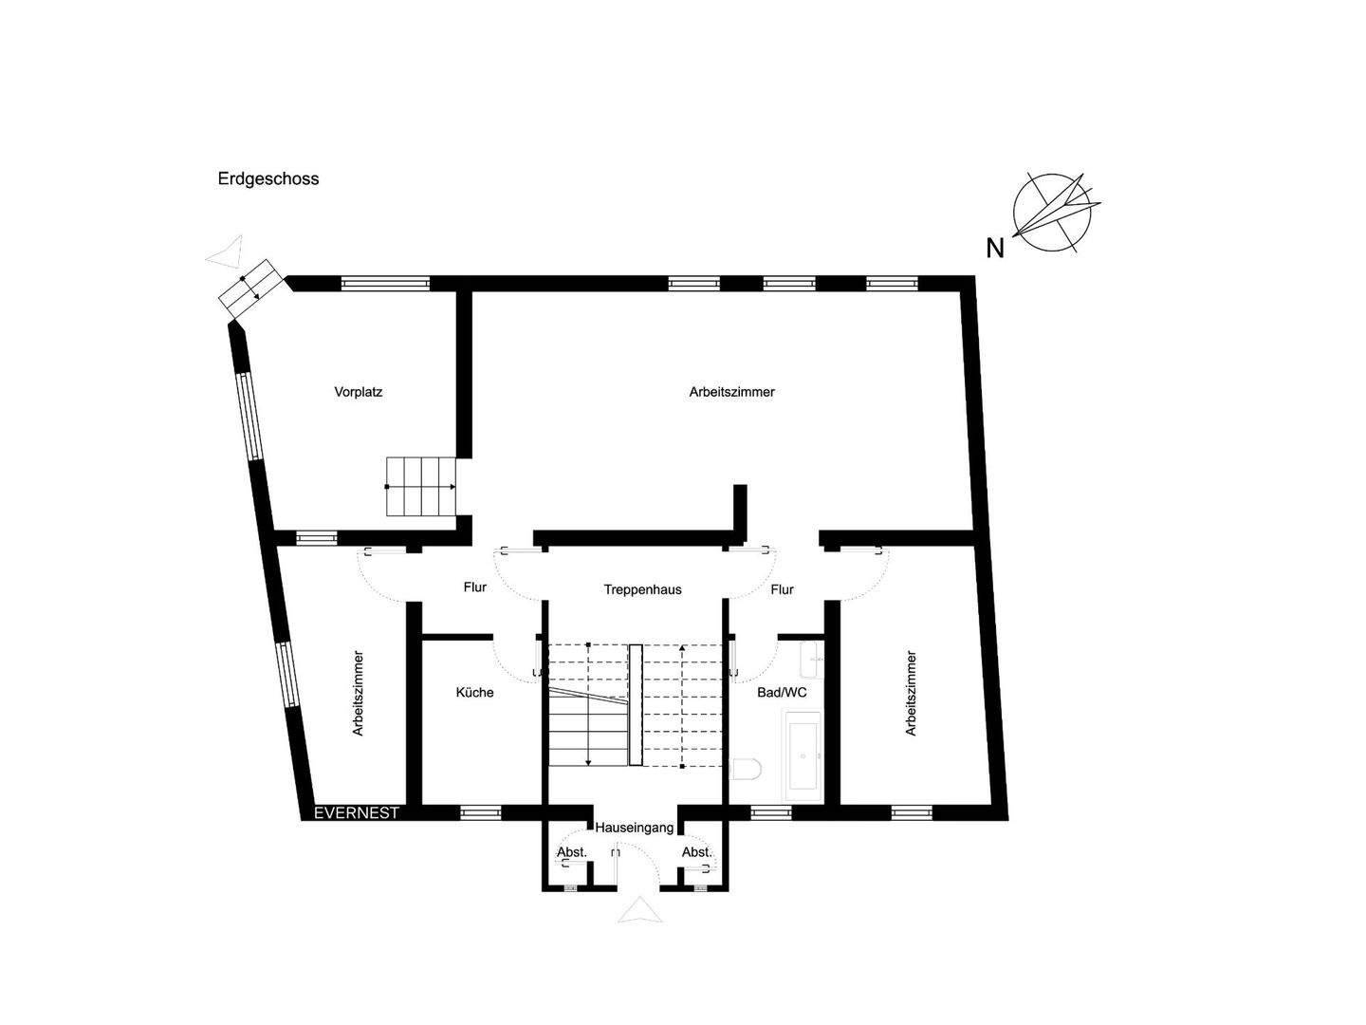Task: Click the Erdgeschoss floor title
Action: [x=268, y=178]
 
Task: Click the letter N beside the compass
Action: [x=995, y=249]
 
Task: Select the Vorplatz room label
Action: [x=358, y=391]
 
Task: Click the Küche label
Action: [x=474, y=693]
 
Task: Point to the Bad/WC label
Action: [x=782, y=693]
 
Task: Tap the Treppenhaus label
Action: [x=642, y=589]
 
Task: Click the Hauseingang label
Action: [x=635, y=828]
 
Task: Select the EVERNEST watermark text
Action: [x=357, y=813]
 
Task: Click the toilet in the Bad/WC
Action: [x=748, y=769]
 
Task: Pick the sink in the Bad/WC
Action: [x=812, y=655]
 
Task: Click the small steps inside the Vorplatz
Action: [x=421, y=486]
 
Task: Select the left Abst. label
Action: [x=572, y=852]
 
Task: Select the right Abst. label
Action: [x=696, y=852]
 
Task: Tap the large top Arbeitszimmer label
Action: [x=731, y=391]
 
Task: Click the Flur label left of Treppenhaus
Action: [x=475, y=587]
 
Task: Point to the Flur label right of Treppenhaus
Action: [x=782, y=589]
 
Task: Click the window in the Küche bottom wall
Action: [x=480, y=812]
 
